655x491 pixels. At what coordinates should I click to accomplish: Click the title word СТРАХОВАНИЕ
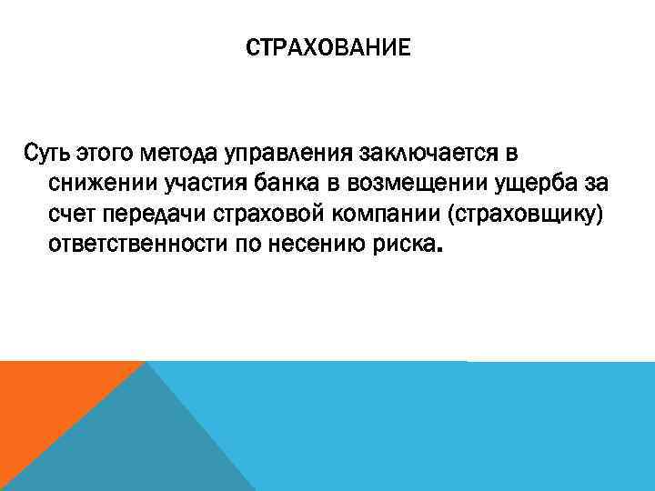tap(327, 46)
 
